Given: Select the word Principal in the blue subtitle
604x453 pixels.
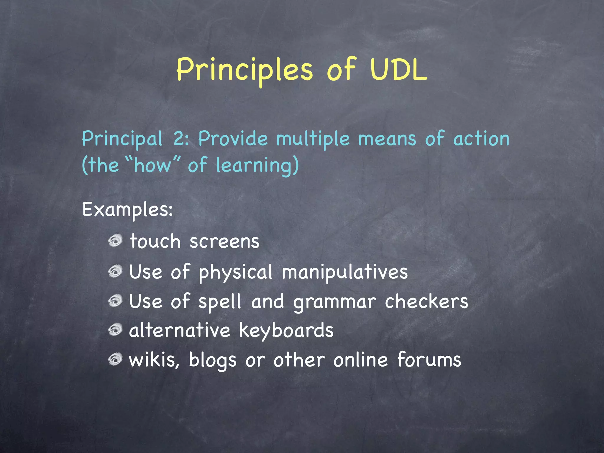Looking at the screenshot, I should [122, 139].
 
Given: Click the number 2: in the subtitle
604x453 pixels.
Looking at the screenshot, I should [181, 139].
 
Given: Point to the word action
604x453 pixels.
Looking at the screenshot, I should [481, 139].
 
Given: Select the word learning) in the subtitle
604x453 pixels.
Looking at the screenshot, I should [257, 166].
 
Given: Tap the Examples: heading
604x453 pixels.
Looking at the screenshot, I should [127, 210].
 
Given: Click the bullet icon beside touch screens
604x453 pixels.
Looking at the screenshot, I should [115, 241].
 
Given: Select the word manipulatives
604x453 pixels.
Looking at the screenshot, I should [344, 272].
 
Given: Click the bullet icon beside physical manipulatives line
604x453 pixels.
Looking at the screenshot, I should [115, 271].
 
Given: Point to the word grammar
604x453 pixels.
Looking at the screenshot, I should [335, 302].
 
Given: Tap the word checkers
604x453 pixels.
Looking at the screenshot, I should [426, 301].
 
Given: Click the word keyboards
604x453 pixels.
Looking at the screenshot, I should [286, 330].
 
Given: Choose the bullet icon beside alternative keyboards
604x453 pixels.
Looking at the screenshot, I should [115, 330].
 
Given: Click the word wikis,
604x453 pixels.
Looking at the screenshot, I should [154, 360].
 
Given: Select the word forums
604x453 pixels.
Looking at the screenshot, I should [429, 360].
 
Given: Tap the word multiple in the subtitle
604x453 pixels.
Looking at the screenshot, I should [313, 139].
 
